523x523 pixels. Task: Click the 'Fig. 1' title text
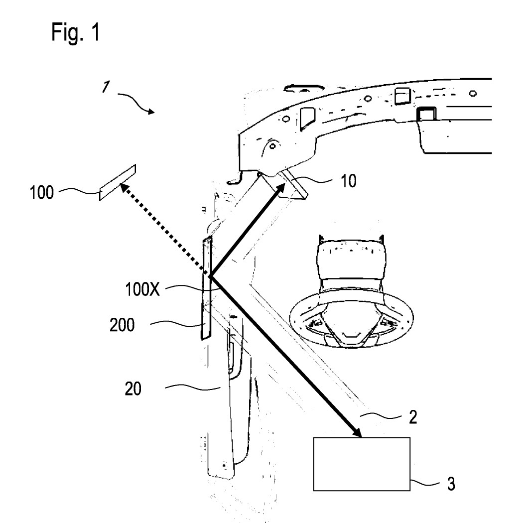[77, 32]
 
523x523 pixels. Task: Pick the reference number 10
[350, 181]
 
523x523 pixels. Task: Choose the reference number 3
[451, 485]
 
